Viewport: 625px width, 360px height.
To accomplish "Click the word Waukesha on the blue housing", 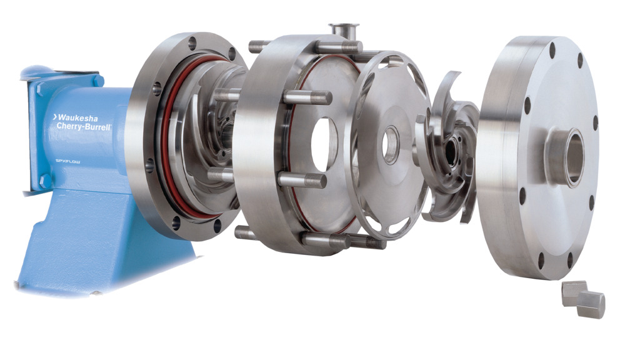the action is tap(77, 118).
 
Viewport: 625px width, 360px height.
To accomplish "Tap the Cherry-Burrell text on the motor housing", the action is tap(84, 126).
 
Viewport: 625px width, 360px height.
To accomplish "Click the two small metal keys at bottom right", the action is tap(584, 299).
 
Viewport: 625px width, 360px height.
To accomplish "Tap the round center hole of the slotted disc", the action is tap(390, 144).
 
